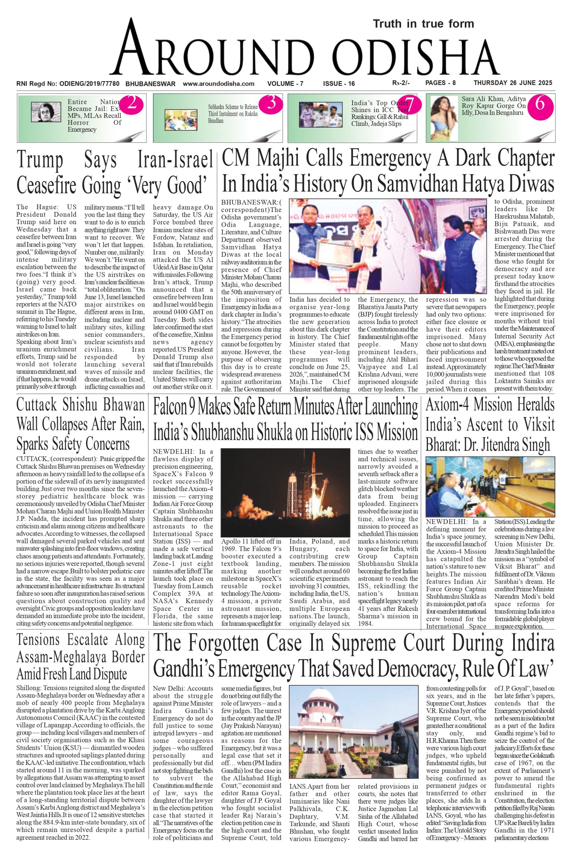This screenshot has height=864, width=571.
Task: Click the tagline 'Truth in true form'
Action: (x=423, y=24)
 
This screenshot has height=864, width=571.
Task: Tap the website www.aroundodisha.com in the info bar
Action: (x=218, y=84)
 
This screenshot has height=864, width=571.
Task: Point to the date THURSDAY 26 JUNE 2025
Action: (x=513, y=83)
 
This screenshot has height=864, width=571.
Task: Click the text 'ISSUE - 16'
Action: (x=339, y=84)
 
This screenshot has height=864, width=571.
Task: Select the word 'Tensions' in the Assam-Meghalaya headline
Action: (x=38, y=640)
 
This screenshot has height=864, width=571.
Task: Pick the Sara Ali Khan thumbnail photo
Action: (x=444, y=117)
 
